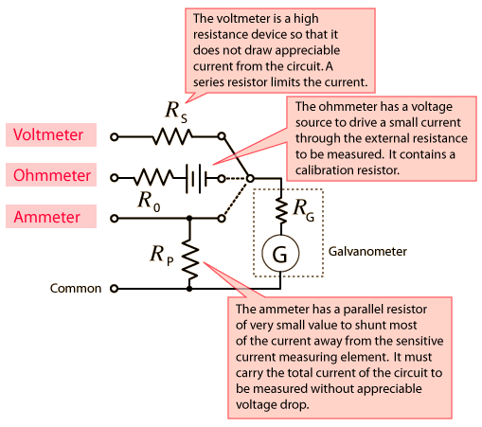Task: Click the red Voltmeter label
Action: click(48, 134)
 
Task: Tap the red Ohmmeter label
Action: click(52, 175)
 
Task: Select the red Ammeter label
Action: click(46, 217)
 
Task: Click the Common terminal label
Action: click(76, 289)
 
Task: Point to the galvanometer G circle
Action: click(280, 253)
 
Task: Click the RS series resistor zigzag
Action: click(172, 136)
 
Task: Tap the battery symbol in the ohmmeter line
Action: click(196, 179)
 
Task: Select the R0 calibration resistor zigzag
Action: click(152, 177)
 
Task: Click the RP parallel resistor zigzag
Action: click(189, 259)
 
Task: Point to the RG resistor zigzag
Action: click(281, 210)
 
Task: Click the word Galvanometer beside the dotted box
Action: click(367, 252)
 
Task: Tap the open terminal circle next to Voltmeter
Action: click(115, 137)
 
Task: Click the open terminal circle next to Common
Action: click(115, 289)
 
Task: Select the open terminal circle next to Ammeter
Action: click(115, 218)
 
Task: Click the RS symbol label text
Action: click(176, 112)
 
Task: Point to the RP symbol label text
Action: click(162, 256)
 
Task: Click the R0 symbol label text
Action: click(149, 202)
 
